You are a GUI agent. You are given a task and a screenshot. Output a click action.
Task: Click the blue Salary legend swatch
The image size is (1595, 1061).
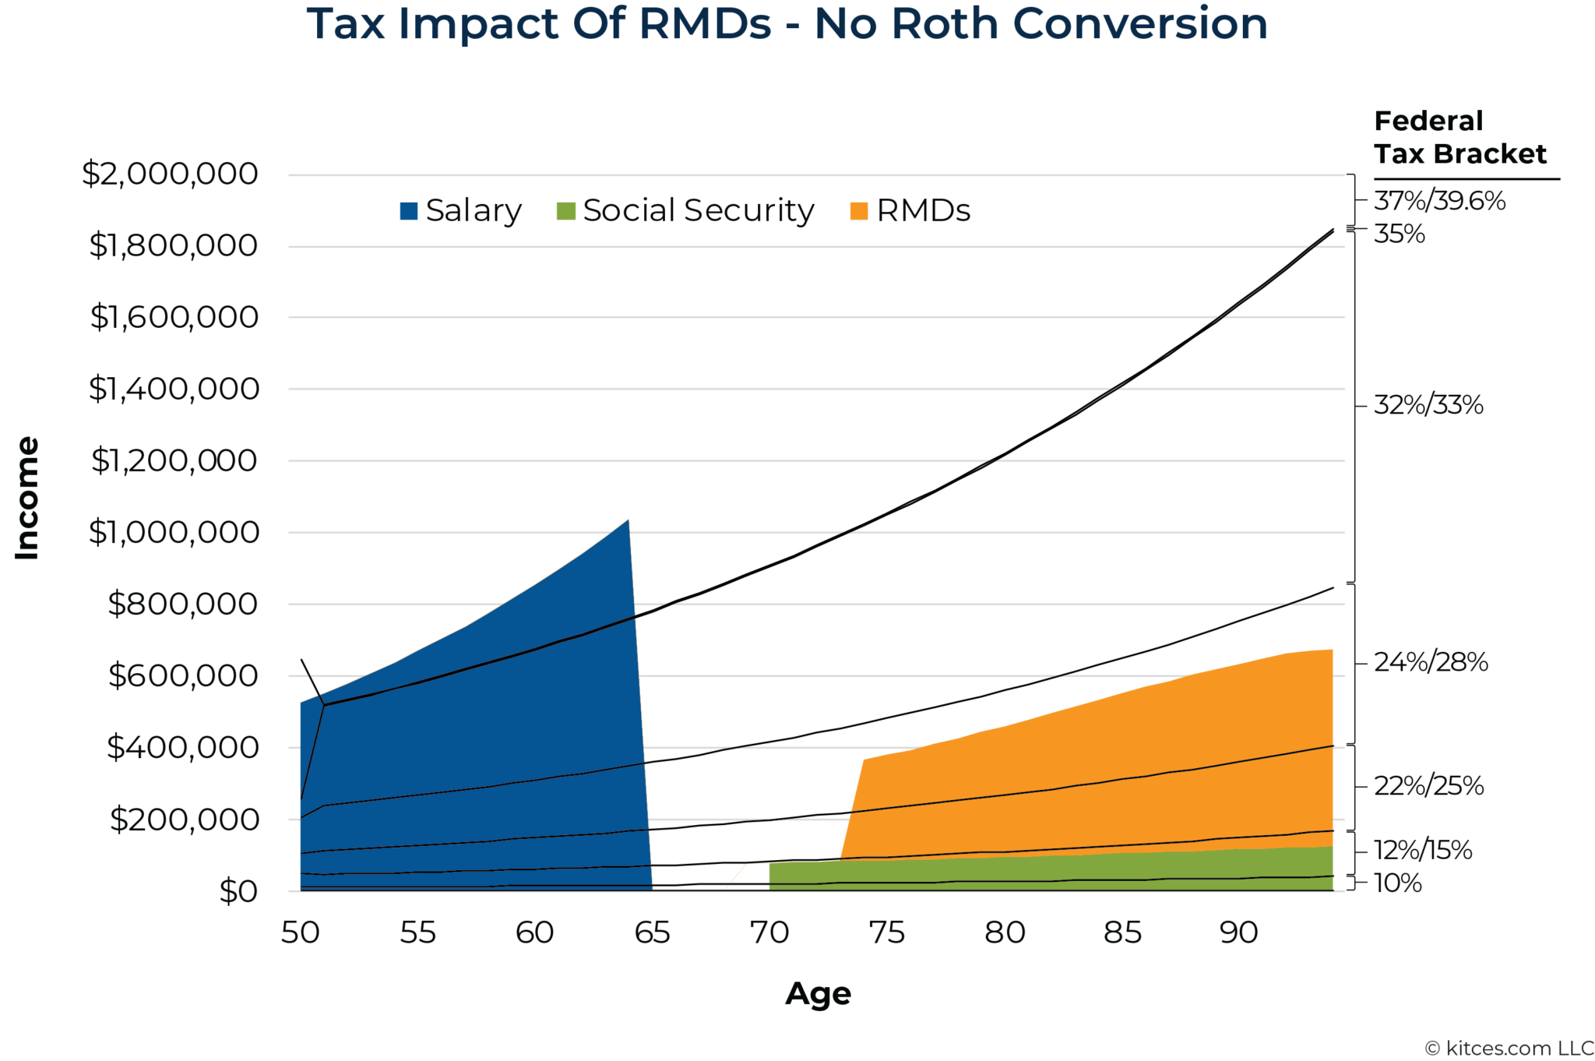[x=408, y=211]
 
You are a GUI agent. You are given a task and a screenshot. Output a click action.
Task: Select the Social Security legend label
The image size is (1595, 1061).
[x=698, y=211]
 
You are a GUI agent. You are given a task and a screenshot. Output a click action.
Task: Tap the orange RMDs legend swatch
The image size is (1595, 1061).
[x=858, y=211]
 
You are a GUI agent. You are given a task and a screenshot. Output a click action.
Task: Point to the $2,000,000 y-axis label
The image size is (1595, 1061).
[x=170, y=173]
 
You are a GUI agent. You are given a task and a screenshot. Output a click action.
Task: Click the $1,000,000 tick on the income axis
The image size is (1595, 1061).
[x=173, y=532]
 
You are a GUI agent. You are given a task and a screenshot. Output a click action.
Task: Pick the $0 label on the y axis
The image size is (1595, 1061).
[x=238, y=890]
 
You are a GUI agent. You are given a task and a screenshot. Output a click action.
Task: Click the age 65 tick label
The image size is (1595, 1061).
[x=652, y=932]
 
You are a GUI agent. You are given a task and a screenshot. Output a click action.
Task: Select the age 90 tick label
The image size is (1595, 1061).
[x=1238, y=932]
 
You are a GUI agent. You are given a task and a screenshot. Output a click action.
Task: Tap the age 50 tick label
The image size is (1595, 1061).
[x=301, y=932]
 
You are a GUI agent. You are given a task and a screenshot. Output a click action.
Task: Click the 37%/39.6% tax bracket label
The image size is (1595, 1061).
[x=1438, y=201]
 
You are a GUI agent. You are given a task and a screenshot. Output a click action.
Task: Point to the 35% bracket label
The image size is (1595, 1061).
[x=1399, y=234]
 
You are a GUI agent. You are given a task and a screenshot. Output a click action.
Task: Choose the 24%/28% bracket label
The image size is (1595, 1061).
[x=1430, y=662]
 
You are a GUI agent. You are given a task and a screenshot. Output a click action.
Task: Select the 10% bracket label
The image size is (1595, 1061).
[x=1397, y=883]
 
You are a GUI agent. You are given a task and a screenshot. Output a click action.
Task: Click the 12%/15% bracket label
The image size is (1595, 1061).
[x=1422, y=850]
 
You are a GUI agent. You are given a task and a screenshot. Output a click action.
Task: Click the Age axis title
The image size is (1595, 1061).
[x=818, y=994]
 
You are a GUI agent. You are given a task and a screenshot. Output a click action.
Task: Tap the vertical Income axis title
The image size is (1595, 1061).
[x=27, y=499]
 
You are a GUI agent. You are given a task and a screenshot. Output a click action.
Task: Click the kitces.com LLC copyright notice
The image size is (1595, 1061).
[x=1509, y=1049]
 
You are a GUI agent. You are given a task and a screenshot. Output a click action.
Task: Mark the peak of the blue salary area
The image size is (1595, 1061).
[x=628, y=520]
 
